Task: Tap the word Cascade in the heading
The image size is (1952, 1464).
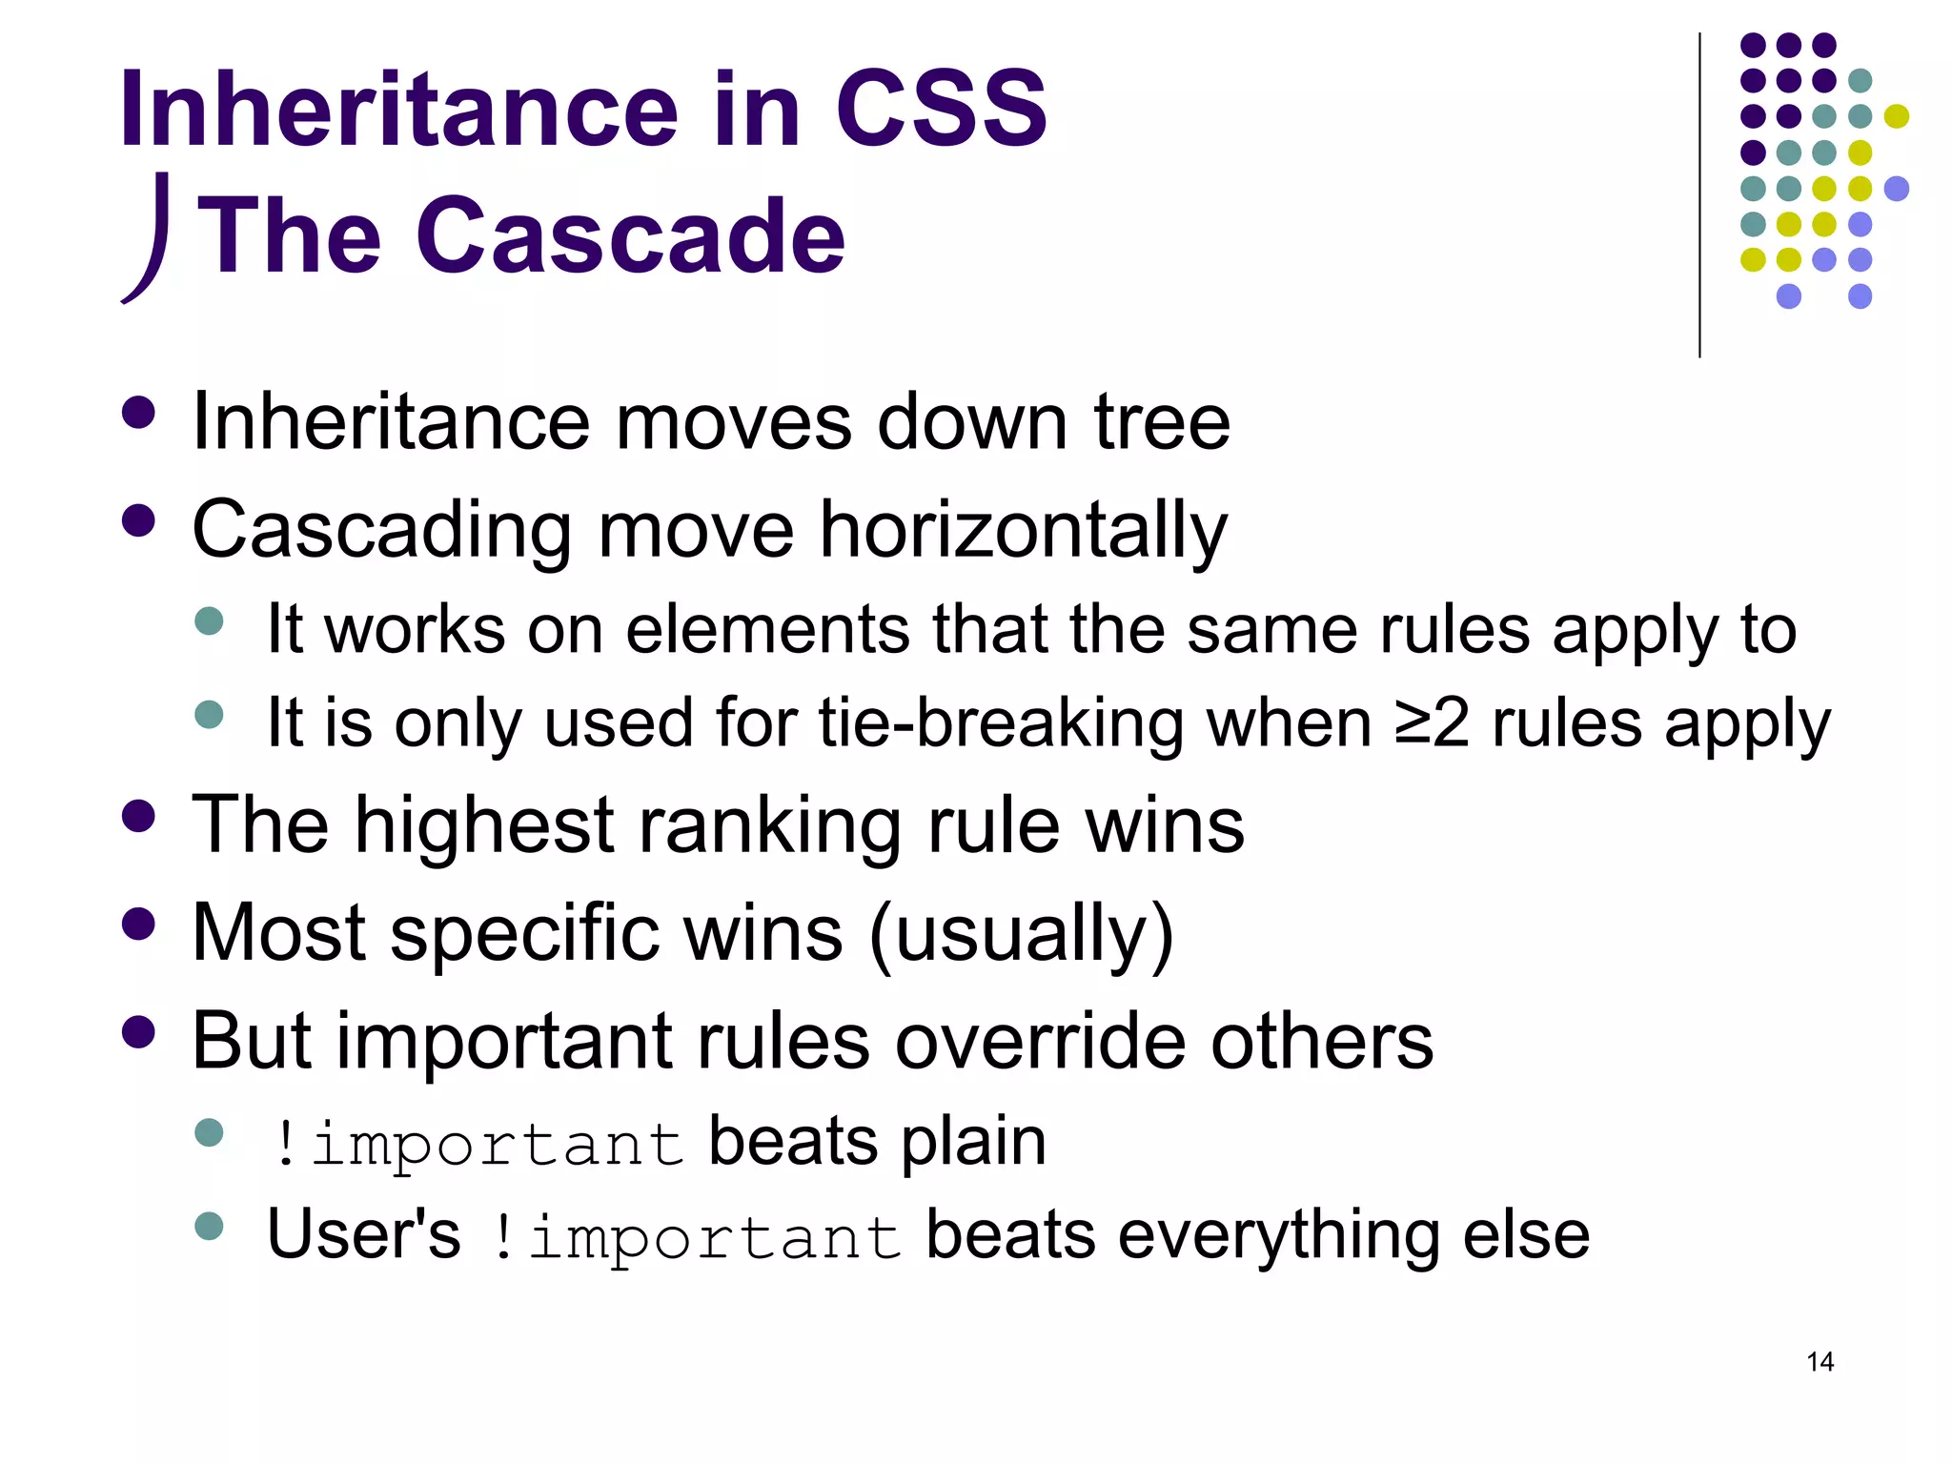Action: [630, 235]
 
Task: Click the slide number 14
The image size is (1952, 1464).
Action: [1820, 1361]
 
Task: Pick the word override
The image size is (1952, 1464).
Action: [1036, 1041]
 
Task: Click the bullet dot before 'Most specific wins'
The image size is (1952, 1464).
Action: [139, 924]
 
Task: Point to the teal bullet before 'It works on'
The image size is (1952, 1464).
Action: [209, 621]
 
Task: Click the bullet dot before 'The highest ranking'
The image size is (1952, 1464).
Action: [139, 816]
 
